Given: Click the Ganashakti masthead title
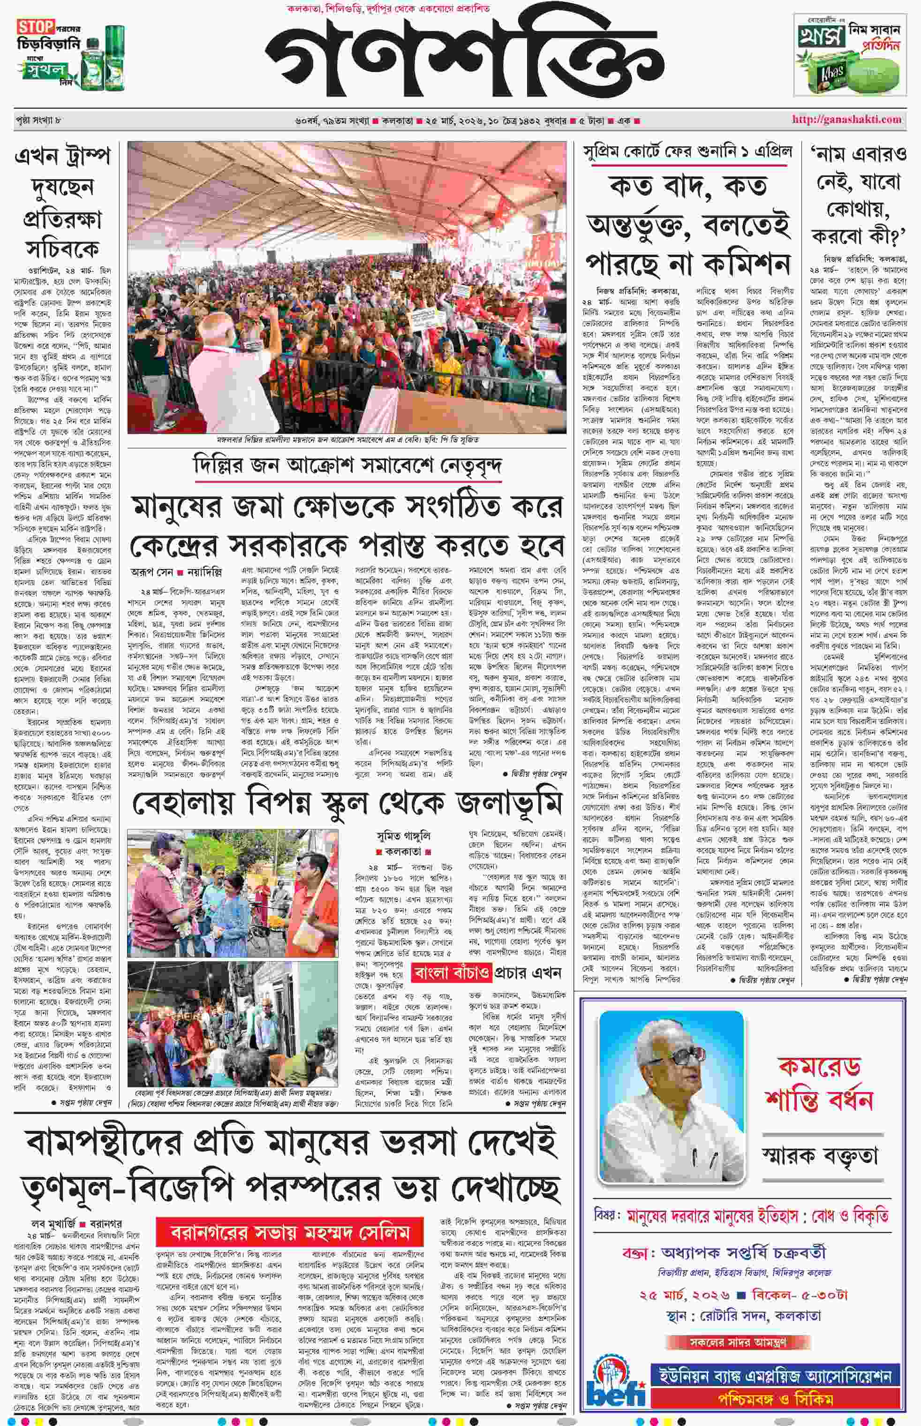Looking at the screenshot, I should pos(465,60).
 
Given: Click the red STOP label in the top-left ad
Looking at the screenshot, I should pos(35,27).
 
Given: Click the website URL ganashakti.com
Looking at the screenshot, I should pos(846,119).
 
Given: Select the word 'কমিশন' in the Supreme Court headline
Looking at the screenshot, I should pos(747,263).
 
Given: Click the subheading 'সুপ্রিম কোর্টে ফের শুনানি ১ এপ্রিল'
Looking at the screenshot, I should pos(688,152).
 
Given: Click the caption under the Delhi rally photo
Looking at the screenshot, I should pos(347,440).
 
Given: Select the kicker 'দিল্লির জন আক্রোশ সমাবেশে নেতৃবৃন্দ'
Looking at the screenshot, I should pos(347,466).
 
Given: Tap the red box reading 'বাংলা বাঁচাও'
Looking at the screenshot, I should pos(452,972).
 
